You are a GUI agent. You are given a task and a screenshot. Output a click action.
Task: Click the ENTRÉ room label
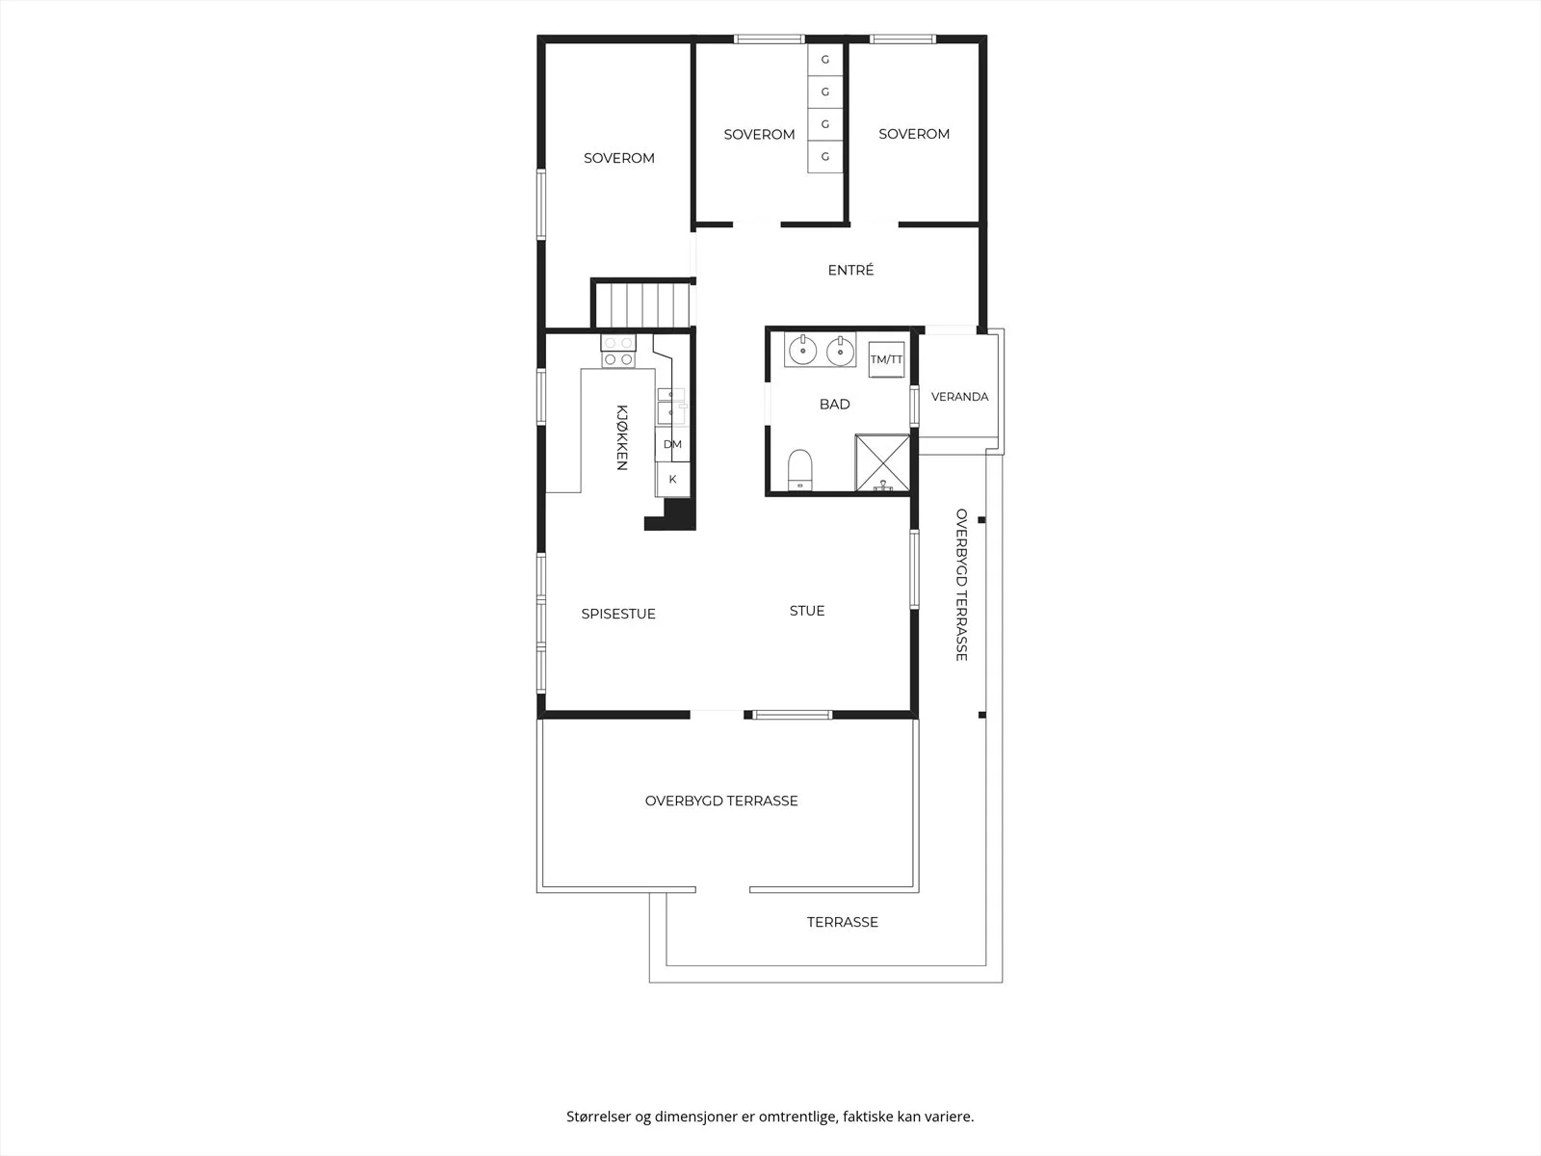pyautogui.click(x=850, y=271)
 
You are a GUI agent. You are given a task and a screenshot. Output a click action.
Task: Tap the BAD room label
pyautogui.click(x=835, y=405)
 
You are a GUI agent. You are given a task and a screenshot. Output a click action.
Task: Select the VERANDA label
pyautogui.click(x=959, y=397)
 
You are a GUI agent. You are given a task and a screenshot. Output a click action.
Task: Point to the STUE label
pyautogui.click(x=807, y=611)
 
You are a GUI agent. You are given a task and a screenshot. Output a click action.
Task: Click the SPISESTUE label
pyautogui.click(x=617, y=615)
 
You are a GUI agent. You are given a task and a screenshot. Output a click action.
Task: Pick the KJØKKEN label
pyautogui.click(x=621, y=437)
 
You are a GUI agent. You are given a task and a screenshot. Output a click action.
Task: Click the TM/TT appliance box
pyautogui.click(x=887, y=359)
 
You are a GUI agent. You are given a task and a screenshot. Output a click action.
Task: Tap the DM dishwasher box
pyautogui.click(x=672, y=444)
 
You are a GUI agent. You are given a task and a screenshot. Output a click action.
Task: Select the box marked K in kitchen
pyautogui.click(x=672, y=480)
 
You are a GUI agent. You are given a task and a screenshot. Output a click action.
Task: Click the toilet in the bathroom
pyautogui.click(x=799, y=469)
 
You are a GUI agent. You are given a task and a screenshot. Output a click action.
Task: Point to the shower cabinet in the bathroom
pyautogui.click(x=882, y=462)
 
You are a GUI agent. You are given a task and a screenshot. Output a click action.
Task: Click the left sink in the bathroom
pyautogui.click(x=802, y=351)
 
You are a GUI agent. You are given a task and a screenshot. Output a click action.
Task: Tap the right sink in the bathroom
pyautogui.click(x=840, y=351)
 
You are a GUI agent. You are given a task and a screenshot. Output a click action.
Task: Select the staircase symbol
pyautogui.click(x=642, y=303)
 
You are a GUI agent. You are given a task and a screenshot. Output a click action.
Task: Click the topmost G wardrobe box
pyautogui.click(x=824, y=60)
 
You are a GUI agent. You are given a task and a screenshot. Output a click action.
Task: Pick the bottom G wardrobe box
pyautogui.click(x=824, y=156)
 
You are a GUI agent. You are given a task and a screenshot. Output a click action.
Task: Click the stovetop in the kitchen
pyautogui.click(x=617, y=351)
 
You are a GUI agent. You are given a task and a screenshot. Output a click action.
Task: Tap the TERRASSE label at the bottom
pyautogui.click(x=843, y=922)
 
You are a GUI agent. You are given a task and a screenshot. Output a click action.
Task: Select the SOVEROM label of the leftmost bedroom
pyautogui.click(x=619, y=159)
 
